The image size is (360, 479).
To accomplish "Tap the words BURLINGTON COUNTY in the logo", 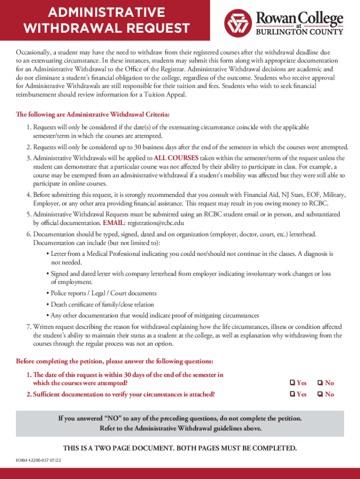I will [299, 32].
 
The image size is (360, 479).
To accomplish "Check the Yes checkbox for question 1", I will [292, 383].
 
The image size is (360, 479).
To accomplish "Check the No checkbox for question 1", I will [320, 383].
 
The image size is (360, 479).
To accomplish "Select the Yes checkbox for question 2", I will [292, 394].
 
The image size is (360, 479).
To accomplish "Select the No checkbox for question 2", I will [320, 394].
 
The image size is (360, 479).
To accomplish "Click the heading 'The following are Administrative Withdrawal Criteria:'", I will [93, 115].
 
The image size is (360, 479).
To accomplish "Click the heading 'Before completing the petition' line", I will [115, 361].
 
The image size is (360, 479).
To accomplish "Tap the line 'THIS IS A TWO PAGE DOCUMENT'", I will [180, 448].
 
